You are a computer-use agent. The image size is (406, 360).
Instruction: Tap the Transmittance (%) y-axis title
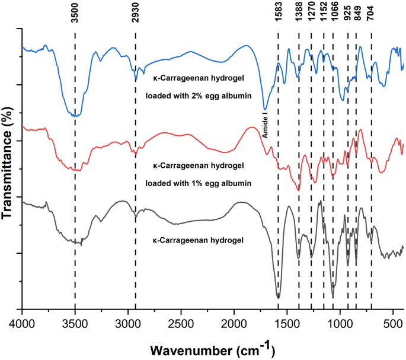point(8,167)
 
